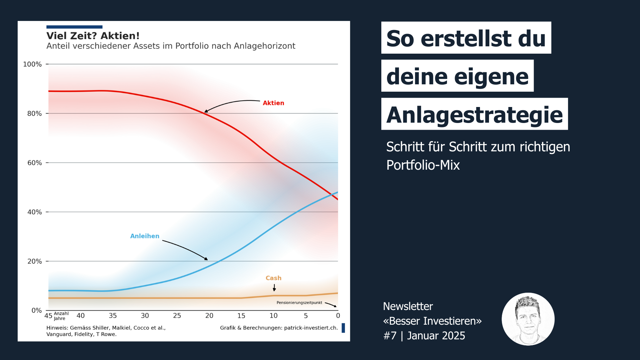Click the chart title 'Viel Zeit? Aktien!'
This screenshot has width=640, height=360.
tap(93, 36)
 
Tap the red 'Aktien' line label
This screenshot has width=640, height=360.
tap(273, 103)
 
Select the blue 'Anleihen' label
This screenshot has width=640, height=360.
tap(144, 236)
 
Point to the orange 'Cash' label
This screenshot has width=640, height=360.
tap(273, 278)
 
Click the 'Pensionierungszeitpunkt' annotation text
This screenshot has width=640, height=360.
tap(299, 303)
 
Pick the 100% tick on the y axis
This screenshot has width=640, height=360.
tap(32, 64)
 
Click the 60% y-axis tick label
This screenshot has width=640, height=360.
tap(34, 163)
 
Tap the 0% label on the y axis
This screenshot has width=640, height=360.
tap(36, 310)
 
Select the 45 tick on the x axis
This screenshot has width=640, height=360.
tap(48, 316)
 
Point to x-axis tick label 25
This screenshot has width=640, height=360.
tap(177, 316)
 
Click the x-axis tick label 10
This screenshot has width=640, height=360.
tap(273, 316)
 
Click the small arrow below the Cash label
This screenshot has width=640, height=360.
tap(274, 288)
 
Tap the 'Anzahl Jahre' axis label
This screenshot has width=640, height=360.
tap(61, 316)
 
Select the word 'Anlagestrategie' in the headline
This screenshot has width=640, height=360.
tap(474, 114)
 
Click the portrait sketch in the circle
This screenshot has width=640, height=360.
tap(528, 319)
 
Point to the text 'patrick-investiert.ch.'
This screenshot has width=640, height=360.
tap(311, 328)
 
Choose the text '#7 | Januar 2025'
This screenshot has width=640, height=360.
tap(424, 336)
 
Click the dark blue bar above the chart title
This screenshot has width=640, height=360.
tap(74, 27)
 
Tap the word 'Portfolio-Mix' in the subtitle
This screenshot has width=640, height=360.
tap(423, 165)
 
